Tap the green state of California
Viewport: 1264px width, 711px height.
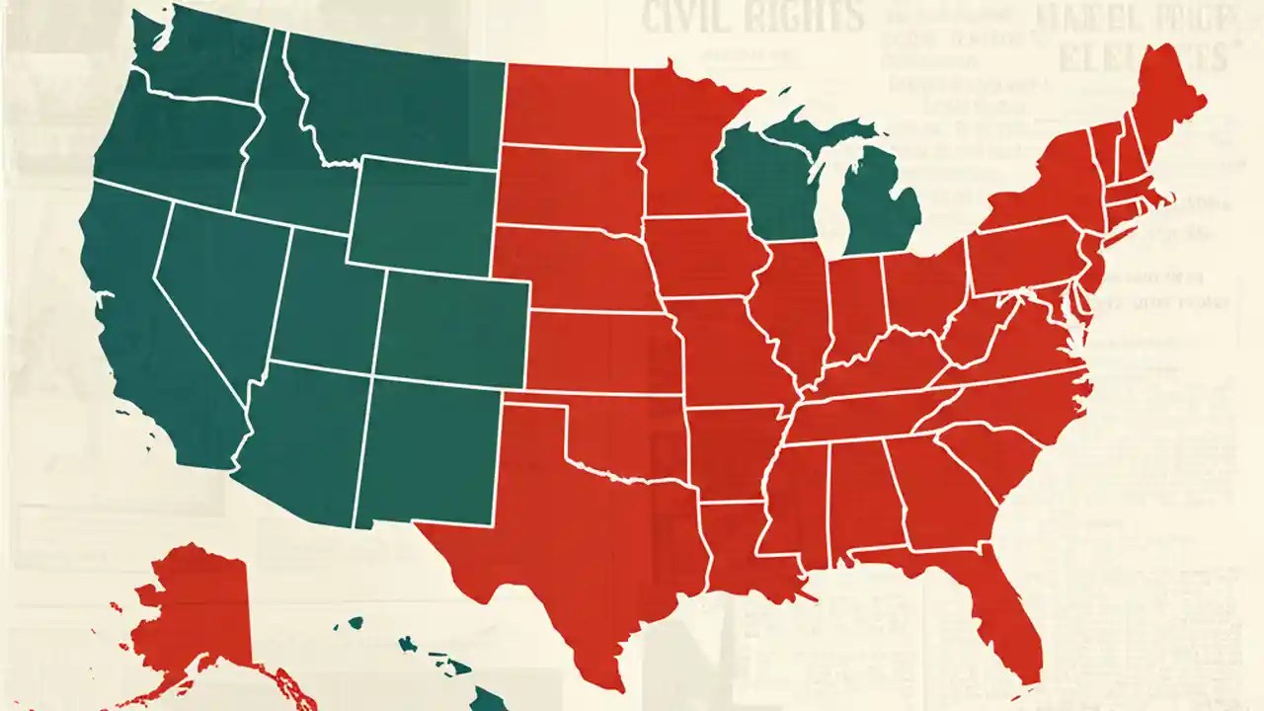(148, 326)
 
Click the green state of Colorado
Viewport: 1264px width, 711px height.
(454, 326)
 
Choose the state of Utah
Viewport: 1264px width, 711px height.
(326, 306)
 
